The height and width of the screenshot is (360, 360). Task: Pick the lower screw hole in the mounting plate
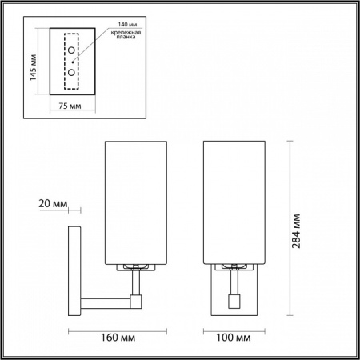[x=73, y=71]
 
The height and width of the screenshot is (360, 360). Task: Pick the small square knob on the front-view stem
[x=233, y=302]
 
